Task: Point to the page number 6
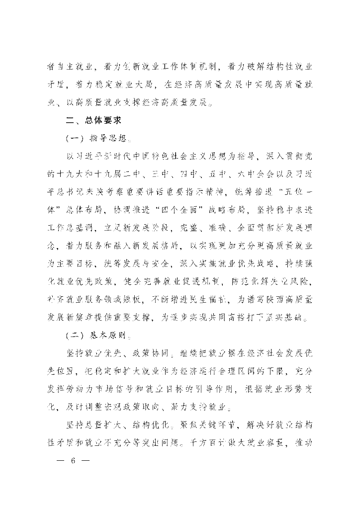[73, 461]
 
